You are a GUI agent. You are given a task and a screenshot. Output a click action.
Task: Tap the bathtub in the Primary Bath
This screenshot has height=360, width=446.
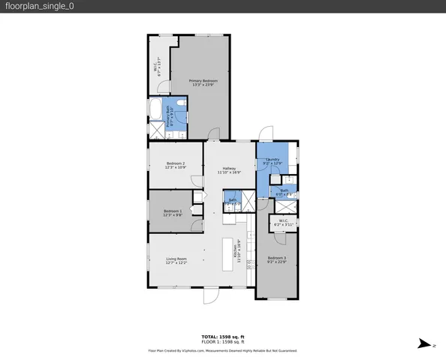coord(155,110)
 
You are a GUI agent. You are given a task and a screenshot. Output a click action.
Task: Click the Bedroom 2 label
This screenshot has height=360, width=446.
coord(175,165)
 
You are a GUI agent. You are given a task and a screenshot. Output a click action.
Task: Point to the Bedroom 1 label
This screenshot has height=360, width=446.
coord(173,213)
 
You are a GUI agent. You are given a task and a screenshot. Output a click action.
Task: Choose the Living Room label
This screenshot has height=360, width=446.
coord(176,261)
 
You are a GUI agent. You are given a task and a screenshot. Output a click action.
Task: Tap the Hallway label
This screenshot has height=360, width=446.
coord(229,170)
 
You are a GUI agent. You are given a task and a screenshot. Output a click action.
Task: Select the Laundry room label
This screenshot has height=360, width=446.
coord(273,161)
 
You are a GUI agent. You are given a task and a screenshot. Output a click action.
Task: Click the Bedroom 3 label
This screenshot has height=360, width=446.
coord(276,259)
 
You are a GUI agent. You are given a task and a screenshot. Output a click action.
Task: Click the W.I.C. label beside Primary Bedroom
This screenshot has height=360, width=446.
coord(157,67)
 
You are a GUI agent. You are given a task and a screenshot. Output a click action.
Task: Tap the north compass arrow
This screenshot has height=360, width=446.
coord(426,343)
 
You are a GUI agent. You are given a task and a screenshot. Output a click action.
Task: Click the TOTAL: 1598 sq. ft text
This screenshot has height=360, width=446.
coord(223,337)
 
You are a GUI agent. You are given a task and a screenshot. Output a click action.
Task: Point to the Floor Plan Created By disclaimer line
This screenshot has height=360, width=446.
coord(223,350)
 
